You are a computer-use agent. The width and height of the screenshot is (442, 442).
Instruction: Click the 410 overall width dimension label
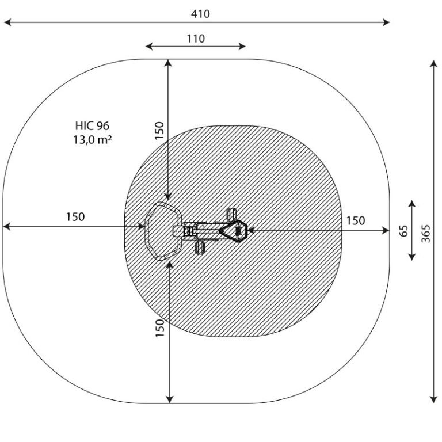click(x=200, y=14)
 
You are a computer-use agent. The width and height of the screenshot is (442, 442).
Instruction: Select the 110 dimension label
click(x=196, y=39)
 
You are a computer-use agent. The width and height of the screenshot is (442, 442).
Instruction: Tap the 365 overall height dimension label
click(x=426, y=234)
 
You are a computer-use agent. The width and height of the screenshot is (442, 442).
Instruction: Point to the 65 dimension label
click(x=404, y=231)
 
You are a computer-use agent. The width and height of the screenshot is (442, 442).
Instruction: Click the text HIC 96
click(x=92, y=125)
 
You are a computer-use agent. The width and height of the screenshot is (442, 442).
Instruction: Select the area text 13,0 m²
click(x=93, y=139)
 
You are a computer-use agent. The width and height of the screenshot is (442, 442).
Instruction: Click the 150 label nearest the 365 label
click(x=356, y=220)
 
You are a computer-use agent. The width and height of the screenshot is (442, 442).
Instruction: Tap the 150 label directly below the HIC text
click(x=75, y=217)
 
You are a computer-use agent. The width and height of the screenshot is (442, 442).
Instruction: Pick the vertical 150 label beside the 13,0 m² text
click(x=159, y=130)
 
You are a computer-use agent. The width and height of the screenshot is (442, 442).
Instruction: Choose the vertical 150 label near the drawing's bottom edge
click(x=159, y=328)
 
